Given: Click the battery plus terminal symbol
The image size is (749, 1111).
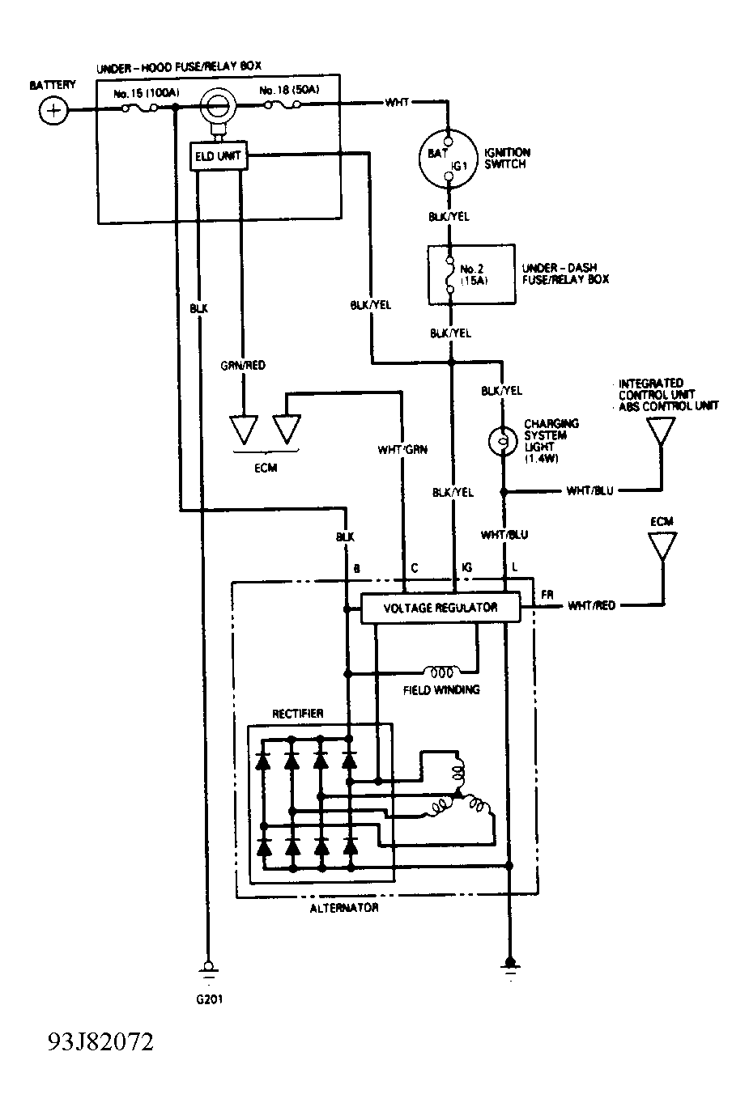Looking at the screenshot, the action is [x=53, y=110].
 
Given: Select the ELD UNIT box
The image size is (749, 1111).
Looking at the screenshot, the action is [x=219, y=156].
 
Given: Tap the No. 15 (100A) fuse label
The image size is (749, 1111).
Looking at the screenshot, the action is [x=147, y=93].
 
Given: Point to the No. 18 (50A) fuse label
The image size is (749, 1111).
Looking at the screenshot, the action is [x=289, y=91].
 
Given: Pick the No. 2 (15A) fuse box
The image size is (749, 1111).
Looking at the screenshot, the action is [x=471, y=274].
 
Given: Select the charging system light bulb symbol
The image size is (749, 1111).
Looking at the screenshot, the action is [x=502, y=441].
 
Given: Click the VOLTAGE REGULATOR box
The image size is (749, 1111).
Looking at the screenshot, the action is [x=440, y=608].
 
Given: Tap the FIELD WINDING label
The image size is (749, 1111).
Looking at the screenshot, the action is [x=441, y=690].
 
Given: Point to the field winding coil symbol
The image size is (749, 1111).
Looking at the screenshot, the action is [x=441, y=672].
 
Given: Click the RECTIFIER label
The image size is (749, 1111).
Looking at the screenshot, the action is [x=298, y=714].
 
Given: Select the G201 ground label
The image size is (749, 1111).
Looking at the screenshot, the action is [x=210, y=999].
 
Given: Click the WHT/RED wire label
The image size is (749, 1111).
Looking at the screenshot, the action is [x=592, y=605].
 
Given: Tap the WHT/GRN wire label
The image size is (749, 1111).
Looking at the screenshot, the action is [x=402, y=450].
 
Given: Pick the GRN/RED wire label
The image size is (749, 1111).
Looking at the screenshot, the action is [x=243, y=366].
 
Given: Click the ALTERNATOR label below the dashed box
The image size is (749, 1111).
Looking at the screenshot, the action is [x=344, y=908].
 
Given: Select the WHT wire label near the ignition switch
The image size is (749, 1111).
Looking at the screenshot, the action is [x=397, y=102].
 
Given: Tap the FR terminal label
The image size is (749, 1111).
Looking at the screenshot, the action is [x=547, y=595].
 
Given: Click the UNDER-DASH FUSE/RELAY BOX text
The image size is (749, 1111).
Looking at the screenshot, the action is [x=565, y=274].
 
